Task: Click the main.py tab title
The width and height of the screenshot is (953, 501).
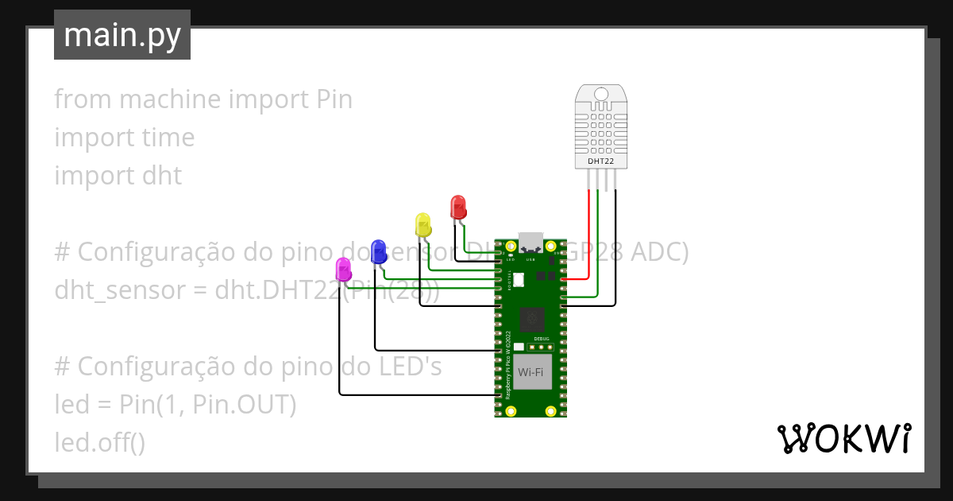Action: coord(122,36)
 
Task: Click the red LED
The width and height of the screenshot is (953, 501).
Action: coord(458,208)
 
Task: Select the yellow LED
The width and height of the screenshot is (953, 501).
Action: coord(423,224)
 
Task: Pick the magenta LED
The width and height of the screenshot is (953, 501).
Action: coord(343,269)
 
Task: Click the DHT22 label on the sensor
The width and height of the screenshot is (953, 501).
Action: coord(600,161)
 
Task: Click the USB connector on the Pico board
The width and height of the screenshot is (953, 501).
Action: coord(530,242)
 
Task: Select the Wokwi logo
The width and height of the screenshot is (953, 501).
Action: coord(843,438)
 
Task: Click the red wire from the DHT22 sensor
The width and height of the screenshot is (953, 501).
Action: coord(588,239)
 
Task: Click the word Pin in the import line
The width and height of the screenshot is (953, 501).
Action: coord(334,99)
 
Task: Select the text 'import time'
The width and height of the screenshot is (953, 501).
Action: coord(124,138)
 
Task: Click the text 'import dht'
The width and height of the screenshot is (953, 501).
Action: coord(118,176)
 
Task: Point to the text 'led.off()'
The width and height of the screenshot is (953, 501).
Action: coord(99,442)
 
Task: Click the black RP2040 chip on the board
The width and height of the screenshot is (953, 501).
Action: coord(531,320)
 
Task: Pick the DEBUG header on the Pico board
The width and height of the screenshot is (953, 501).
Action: coord(542,346)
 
